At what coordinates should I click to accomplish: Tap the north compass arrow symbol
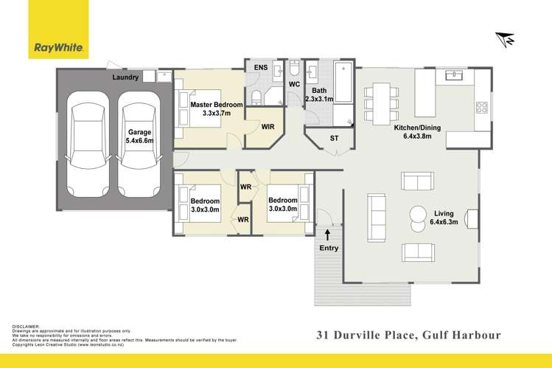pyautogui.click(x=505, y=38)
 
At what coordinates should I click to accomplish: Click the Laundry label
pyautogui.click(x=125, y=77)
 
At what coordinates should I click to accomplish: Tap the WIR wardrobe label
pyautogui.click(x=268, y=127)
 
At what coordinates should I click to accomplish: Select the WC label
pyautogui.click(x=293, y=85)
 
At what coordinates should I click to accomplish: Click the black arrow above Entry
pyautogui.click(x=328, y=236)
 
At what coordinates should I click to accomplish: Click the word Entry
pyautogui.click(x=328, y=248)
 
